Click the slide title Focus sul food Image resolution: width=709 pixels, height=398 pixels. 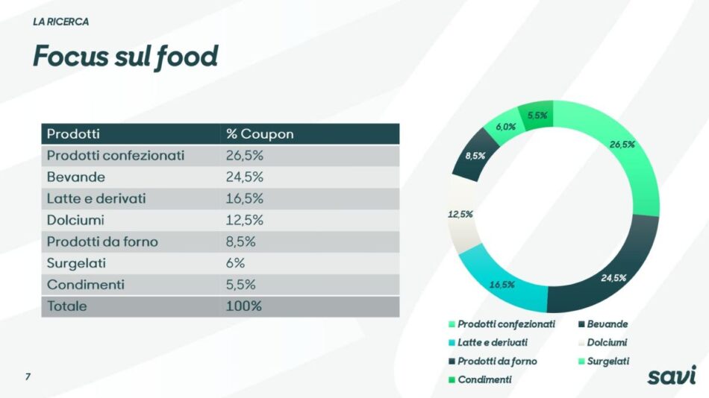coord(125,57)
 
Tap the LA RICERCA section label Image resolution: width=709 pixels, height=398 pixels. coord(60,22)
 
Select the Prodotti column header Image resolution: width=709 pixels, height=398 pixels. coord(73,134)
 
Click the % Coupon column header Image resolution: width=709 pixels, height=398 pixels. coord(260,134)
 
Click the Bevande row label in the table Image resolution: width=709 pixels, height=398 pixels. coord(76,177)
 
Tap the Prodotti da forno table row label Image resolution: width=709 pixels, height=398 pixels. coord(102,241)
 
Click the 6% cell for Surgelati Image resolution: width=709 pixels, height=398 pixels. coord(235,263)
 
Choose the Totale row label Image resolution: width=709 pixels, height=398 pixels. coord(67,306)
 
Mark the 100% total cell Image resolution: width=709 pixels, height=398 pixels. coord(243,306)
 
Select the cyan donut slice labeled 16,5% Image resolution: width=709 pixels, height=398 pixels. coord(502,284)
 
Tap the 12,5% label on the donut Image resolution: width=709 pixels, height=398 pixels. coord(460,215)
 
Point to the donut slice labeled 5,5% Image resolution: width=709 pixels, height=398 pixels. coord(537,116)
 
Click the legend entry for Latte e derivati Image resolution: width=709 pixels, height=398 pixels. coord(492,343)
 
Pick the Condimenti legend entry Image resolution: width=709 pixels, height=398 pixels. coord(484,379)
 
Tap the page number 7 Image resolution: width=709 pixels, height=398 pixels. coord(28,376)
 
